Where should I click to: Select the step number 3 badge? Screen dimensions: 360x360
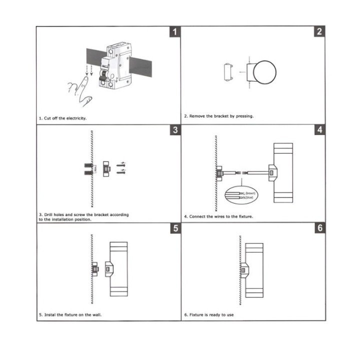pos(174,130)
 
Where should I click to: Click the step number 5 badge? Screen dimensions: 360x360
pos(174,228)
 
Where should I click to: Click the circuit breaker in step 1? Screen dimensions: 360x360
pos(113,67)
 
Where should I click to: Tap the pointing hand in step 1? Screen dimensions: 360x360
pos(81,90)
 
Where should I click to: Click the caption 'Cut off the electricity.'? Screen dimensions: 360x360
pos(63,118)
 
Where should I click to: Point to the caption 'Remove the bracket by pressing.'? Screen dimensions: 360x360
pos(218,116)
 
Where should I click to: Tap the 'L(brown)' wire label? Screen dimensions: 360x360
pos(249,192)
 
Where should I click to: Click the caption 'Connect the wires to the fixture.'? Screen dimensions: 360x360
pos(218,216)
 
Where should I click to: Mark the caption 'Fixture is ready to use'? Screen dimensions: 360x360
pos(208,315)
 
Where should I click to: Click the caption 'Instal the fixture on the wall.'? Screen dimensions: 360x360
pos(70,315)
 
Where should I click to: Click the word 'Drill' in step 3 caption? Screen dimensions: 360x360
pos(49,214)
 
